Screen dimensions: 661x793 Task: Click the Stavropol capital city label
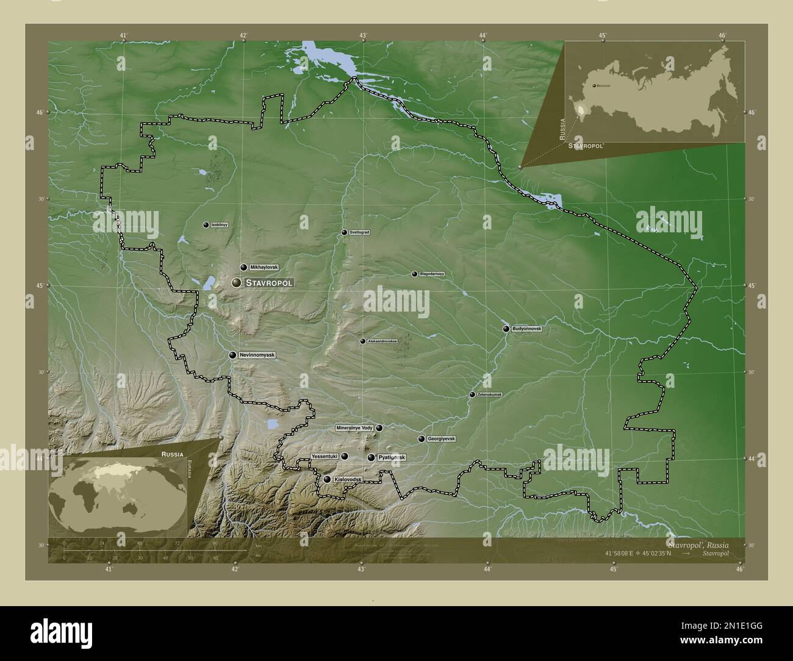point(269,283)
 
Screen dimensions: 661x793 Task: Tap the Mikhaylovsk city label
point(264,267)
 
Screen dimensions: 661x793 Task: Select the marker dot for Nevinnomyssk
point(232,355)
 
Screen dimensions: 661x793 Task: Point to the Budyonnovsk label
point(526,329)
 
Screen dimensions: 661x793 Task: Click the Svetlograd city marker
point(344,232)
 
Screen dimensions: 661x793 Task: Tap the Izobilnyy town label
point(219,225)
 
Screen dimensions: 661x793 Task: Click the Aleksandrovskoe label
point(382,341)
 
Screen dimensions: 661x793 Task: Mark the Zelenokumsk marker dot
point(472,395)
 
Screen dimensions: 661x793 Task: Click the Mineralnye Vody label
point(354,428)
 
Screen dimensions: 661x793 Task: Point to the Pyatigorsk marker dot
point(371,457)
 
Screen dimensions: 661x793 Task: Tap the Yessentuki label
point(324,456)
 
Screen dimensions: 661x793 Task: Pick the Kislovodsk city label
point(348,480)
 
